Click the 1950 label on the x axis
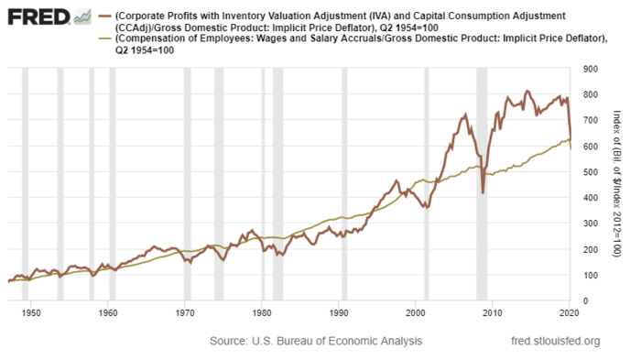tap(31, 313)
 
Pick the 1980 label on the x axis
tap(262, 313)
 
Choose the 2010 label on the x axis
tap(493, 313)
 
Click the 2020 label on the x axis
tap(569, 313)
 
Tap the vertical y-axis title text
tap(615, 183)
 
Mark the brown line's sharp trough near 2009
tap(483, 192)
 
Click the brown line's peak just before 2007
tap(465, 115)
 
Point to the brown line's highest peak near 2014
tap(527, 91)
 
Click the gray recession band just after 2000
tap(426, 183)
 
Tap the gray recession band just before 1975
tap(219, 183)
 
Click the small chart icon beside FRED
tap(81, 17)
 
